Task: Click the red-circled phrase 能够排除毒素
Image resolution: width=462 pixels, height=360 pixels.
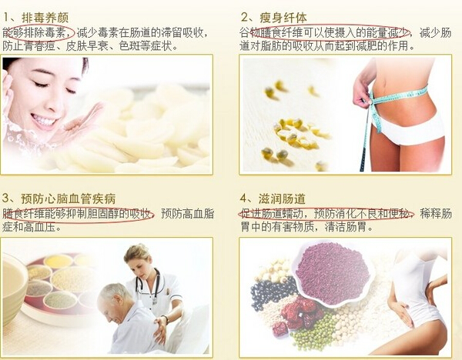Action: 38,32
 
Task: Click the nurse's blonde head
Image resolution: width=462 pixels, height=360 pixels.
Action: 139,258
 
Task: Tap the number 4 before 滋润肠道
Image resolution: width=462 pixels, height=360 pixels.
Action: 245,197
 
